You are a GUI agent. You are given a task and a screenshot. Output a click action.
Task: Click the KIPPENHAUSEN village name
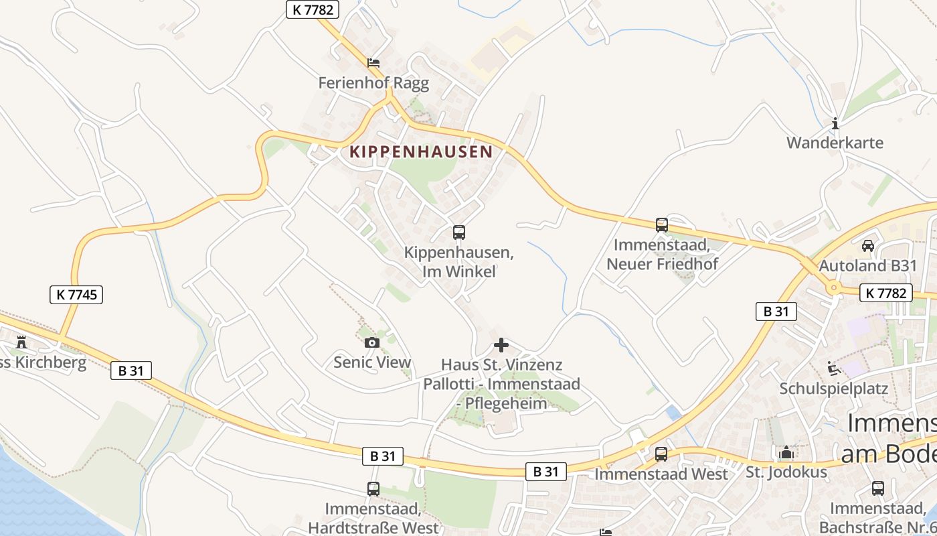point(421,151)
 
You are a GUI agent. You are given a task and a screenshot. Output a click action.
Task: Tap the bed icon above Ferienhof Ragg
point(373,63)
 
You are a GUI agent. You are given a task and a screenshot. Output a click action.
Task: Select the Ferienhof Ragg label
point(373,83)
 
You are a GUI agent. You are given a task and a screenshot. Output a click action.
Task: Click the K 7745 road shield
point(76,294)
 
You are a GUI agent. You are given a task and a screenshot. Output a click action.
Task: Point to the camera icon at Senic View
point(372,343)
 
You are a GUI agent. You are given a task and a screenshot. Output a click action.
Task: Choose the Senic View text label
point(372,362)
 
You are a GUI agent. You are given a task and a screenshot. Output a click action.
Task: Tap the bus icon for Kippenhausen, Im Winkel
point(459,232)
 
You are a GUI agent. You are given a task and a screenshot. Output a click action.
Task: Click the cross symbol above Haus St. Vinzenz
point(501,346)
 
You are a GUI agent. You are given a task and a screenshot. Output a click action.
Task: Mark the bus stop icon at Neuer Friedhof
point(662,225)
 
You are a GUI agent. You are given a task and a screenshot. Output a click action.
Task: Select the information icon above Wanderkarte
point(835,123)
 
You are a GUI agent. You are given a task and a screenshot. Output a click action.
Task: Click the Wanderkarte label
point(835,143)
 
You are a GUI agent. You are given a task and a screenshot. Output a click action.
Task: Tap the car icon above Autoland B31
point(867,246)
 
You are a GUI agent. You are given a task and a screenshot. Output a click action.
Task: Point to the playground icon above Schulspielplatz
point(834,368)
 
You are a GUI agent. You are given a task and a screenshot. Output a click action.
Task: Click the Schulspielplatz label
point(833,389)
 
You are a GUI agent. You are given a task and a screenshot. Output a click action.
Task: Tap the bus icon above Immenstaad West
point(661,454)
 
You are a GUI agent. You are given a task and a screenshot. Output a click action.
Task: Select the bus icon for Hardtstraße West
point(373,489)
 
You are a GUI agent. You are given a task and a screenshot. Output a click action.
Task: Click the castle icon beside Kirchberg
point(21,342)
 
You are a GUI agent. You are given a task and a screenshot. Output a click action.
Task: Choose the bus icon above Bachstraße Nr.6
point(877,488)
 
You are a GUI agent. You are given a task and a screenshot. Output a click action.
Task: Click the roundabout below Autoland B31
point(833,288)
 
